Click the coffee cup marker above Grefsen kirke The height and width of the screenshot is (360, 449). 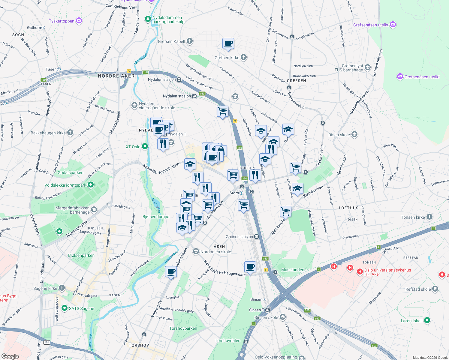(228, 44)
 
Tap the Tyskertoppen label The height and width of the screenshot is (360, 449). (62, 21)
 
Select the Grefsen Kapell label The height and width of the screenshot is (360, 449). (172, 41)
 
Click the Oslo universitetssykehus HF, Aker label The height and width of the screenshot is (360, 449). (387, 272)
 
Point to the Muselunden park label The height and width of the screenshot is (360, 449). (293, 270)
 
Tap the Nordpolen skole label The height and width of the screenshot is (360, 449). (215, 252)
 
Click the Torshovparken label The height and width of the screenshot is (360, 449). (183, 328)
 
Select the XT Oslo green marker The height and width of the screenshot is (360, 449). (145, 147)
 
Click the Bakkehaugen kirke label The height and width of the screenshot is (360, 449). (48, 133)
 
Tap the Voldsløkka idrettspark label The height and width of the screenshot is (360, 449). (65, 185)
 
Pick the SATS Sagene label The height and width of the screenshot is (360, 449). (81, 308)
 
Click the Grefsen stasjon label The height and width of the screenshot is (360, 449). (239, 237)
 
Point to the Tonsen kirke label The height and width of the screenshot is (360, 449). (413, 217)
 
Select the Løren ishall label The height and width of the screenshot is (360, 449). (411, 321)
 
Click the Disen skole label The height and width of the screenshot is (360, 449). (339, 135)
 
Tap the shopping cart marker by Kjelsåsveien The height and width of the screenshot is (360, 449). (285, 211)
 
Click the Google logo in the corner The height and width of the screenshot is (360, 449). (10, 356)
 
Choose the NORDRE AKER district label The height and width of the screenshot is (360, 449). (116, 76)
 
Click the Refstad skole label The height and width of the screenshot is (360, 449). (418, 289)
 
